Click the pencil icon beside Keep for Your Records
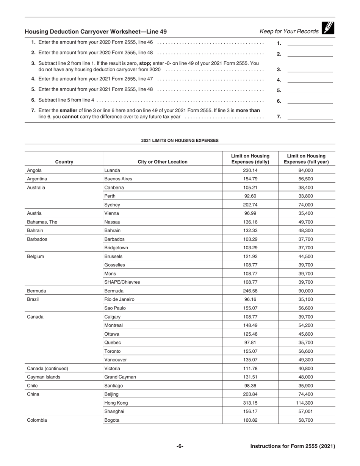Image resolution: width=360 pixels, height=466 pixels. point(327,28)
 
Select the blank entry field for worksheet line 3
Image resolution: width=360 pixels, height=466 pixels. point(310,69)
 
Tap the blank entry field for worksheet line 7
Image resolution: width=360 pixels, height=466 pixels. point(310,117)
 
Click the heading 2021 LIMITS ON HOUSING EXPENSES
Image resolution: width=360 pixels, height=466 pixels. point(180,141)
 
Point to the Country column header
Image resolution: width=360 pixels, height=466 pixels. point(64,162)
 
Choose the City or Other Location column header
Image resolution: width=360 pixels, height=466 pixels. point(162,162)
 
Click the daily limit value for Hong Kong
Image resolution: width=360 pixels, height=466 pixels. point(250,403)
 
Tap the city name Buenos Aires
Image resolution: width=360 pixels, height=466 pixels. point(118,179)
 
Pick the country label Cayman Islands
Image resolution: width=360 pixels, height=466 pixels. point(44,377)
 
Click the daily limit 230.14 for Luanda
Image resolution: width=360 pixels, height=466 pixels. point(250,170)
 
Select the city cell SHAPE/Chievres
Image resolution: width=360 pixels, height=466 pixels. point(122,282)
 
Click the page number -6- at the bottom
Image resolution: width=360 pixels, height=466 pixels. point(180,446)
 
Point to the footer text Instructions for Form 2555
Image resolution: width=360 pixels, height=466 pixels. point(293,446)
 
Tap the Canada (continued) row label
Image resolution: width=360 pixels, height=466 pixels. point(47,368)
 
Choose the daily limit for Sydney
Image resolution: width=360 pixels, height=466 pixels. point(250,205)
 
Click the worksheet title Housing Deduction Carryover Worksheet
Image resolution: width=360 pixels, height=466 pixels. point(95,32)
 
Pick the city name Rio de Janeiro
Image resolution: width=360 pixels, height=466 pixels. point(119,299)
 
